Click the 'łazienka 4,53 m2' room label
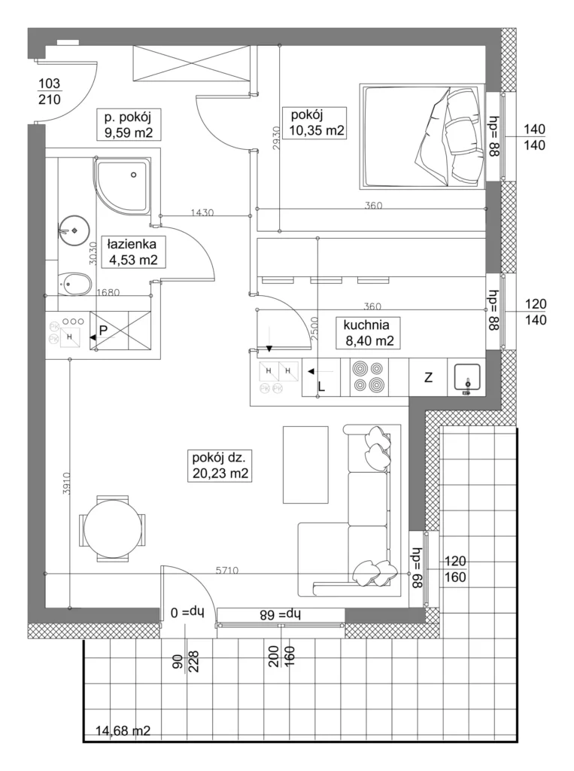click(x=132, y=251)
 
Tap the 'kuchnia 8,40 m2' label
click(x=369, y=332)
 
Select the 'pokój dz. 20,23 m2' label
click(x=219, y=465)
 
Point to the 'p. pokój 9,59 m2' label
click(x=128, y=124)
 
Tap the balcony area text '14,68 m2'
click(x=123, y=731)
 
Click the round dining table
click(x=113, y=529)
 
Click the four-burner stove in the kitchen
click(x=369, y=376)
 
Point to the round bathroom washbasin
click(x=74, y=230)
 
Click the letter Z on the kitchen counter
click(x=429, y=378)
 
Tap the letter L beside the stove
click(x=321, y=386)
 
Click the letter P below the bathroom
click(x=104, y=331)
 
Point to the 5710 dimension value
click(x=227, y=571)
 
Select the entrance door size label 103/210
click(x=49, y=91)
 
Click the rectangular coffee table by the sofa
click(x=305, y=465)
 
